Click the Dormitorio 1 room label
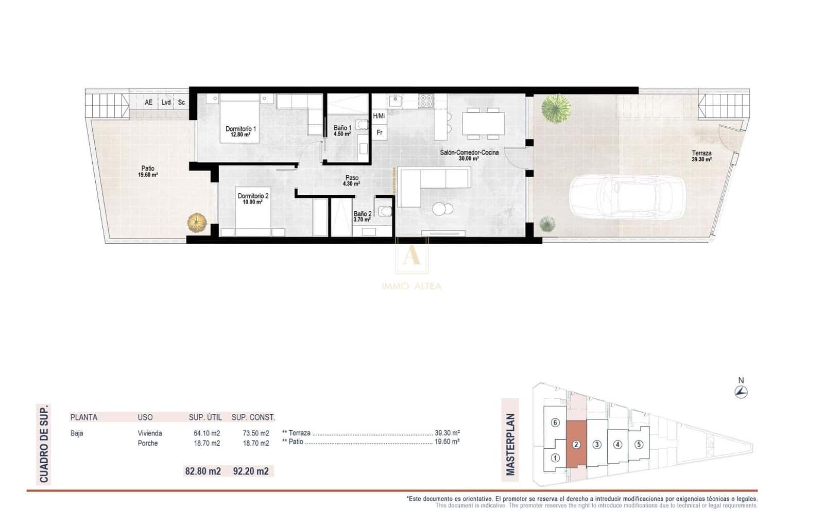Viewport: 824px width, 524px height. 241,131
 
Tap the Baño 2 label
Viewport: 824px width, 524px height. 362,216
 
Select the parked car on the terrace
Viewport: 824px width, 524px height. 627,196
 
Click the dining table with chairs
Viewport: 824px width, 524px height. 483,124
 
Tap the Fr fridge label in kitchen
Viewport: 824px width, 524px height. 380,132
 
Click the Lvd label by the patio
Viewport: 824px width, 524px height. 166,103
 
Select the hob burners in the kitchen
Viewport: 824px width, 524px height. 426,100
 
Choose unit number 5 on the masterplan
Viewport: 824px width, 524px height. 639,444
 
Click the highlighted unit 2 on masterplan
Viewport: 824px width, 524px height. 576,444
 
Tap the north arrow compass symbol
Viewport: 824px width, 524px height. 741,392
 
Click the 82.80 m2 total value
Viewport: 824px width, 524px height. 203,471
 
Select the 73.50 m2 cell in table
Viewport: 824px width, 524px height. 256,433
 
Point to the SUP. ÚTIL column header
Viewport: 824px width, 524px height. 205,417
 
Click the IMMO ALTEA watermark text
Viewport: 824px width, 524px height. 411,286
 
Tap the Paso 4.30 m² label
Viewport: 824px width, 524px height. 352,180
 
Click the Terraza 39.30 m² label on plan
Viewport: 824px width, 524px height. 701,156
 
